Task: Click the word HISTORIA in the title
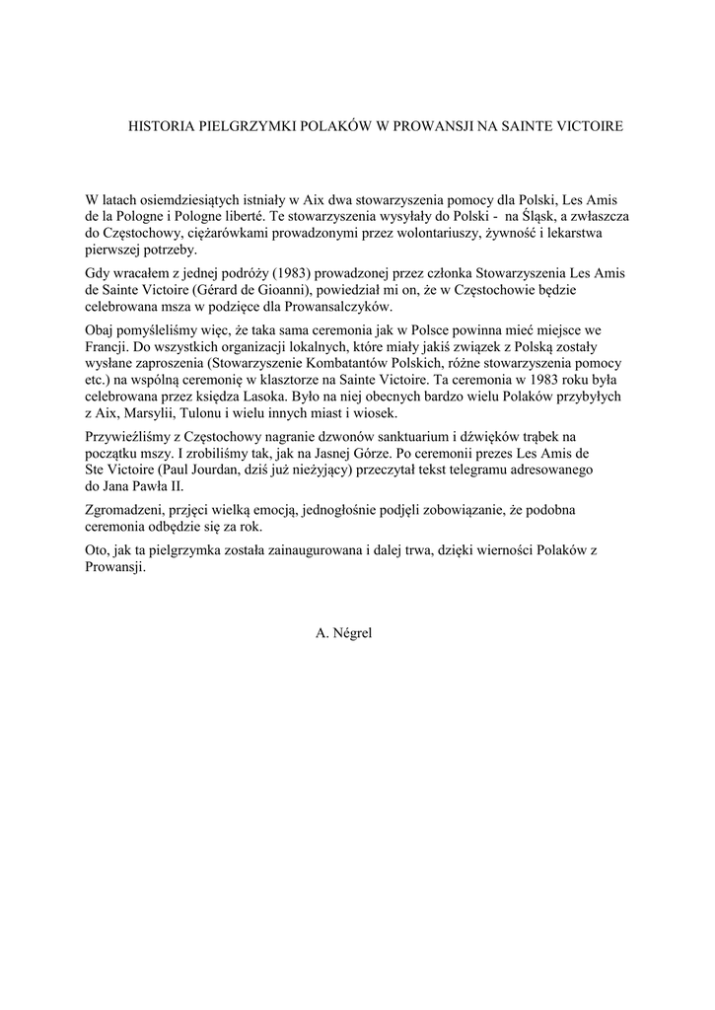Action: [165, 126]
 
